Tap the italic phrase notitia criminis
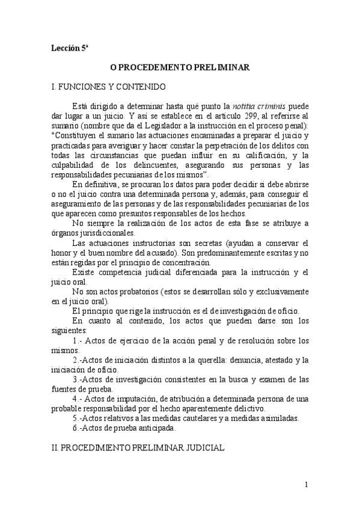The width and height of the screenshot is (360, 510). tap(260, 105)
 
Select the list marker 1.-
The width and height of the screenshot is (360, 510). tap(77, 340)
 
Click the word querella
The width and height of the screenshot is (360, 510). tap(207, 360)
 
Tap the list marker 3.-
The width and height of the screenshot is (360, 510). tap(77, 379)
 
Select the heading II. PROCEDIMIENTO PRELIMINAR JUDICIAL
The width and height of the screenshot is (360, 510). tap(139, 449)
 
